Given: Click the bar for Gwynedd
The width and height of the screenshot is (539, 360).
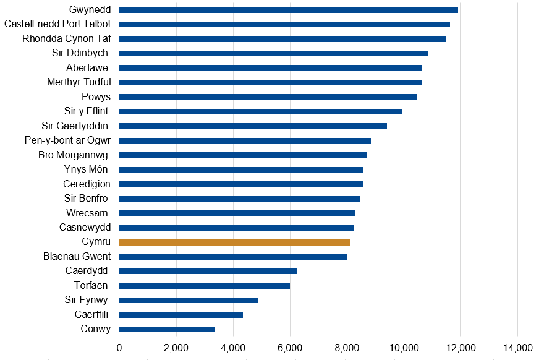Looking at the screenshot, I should click(288, 10).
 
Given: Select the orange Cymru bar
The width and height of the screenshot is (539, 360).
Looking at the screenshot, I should click(234, 242).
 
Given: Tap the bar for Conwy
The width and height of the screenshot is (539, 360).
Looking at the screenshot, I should click(167, 329).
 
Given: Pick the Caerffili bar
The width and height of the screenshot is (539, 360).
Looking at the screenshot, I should click(180, 315).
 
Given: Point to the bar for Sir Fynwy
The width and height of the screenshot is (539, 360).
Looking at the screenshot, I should click(189, 300).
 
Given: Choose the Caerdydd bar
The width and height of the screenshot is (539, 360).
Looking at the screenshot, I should click(208, 271).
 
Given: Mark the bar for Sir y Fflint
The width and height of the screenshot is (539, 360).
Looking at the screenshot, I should click(260, 111).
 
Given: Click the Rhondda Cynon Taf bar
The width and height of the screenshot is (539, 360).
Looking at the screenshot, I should click(282, 39).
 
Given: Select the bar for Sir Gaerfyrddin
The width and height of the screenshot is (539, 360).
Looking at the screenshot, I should click(253, 126).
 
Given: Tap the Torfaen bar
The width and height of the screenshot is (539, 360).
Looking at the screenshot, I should click(204, 286).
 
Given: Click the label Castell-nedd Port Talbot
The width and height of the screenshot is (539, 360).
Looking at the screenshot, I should click(57, 24).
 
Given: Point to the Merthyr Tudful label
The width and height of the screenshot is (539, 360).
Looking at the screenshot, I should click(79, 82).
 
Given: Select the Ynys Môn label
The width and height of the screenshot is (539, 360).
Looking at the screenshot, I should click(87, 169).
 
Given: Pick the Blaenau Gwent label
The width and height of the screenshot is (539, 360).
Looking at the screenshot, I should click(77, 257).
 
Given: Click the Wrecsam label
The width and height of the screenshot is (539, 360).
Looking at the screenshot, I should click(88, 213).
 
